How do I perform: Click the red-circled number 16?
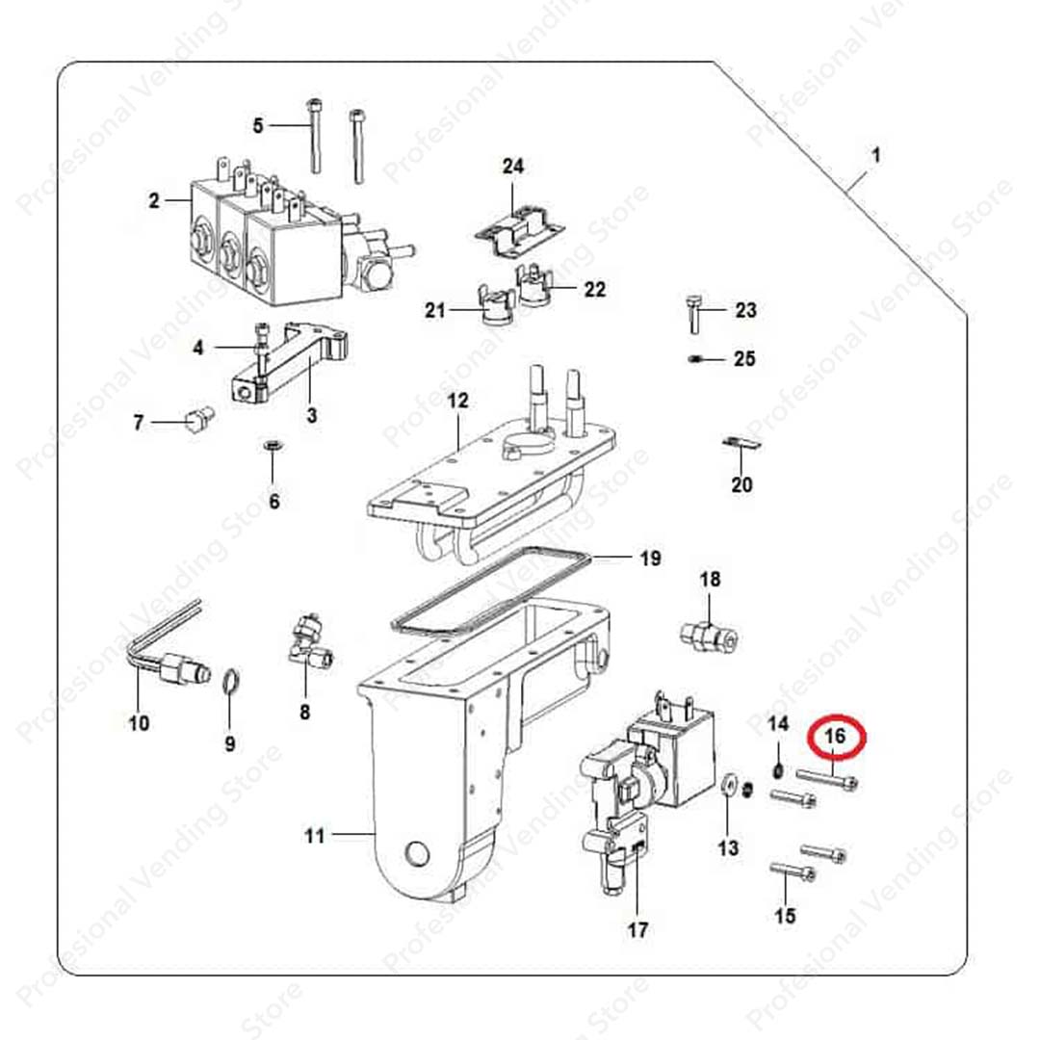tap(835, 735)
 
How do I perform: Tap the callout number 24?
tap(512, 166)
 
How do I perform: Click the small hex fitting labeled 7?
tap(199, 418)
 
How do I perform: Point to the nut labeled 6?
tap(273, 444)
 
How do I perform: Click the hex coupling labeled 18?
tap(709, 636)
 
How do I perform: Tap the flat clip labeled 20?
tap(741, 443)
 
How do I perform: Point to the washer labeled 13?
tap(728, 785)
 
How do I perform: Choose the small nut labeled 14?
tap(779, 770)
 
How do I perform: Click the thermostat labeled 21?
tap(495, 306)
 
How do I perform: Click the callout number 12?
tap(457, 401)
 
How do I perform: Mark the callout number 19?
tap(651, 559)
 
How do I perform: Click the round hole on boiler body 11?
tap(417, 854)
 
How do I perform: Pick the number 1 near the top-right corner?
tap(875, 156)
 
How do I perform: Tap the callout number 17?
tap(637, 930)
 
